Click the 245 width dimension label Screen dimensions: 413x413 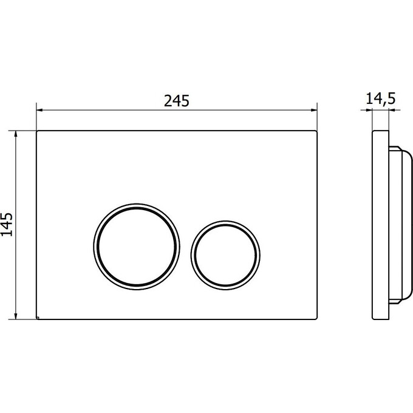click(x=177, y=101)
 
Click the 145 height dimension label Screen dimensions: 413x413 click(x=7, y=224)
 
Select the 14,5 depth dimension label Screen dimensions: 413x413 click(x=381, y=99)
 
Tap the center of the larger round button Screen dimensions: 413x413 click(x=137, y=247)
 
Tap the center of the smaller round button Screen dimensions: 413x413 click(x=225, y=255)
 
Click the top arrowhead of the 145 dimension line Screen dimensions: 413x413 click(x=16, y=134)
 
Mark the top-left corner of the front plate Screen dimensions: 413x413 click(x=36, y=131)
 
